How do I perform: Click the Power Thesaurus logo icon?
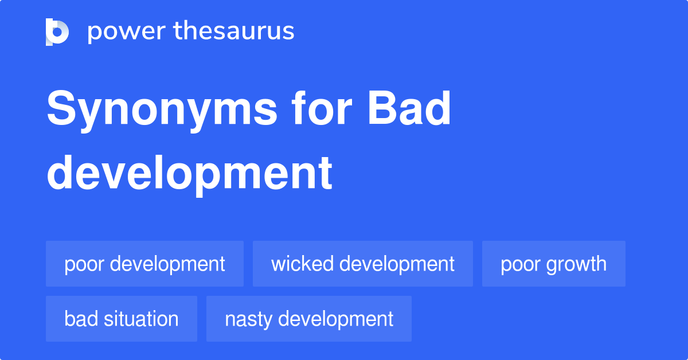[57, 32]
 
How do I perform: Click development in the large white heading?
[189, 173]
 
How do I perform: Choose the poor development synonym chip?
[144, 264]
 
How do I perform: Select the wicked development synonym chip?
[362, 264]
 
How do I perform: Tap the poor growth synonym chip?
[553, 264]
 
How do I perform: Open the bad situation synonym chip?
[121, 319]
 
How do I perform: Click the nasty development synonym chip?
[308, 319]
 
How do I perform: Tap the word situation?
[142, 319]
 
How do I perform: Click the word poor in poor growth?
[519, 264]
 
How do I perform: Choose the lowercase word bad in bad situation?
[81, 319]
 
